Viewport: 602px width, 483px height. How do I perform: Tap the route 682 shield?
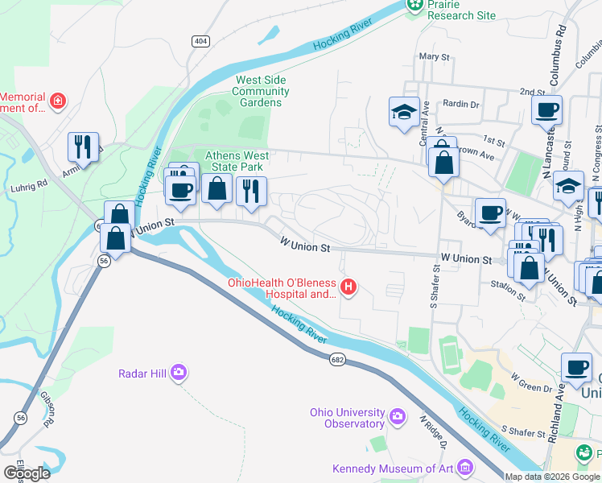tap(337, 361)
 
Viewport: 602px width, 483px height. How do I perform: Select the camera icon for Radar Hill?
tap(179, 372)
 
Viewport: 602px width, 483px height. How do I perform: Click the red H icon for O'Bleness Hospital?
tap(348, 286)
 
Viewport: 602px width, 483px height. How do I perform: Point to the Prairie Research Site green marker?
tap(415, 6)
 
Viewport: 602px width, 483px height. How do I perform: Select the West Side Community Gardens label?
tap(261, 91)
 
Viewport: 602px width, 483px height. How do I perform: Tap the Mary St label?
tap(434, 57)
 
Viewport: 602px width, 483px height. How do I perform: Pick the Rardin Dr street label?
tap(461, 104)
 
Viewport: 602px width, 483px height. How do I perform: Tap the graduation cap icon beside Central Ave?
tap(404, 113)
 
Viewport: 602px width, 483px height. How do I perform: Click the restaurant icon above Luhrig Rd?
tap(83, 147)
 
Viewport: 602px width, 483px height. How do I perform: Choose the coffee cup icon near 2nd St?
tap(546, 109)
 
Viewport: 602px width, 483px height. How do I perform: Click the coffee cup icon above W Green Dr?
tap(576, 366)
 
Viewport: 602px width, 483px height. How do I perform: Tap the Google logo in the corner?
tap(27, 473)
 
